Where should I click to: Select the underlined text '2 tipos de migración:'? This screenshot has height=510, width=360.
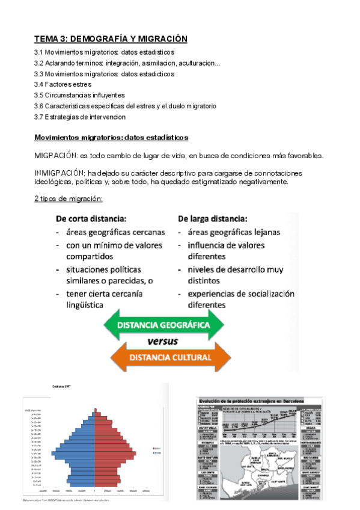pos(68,199)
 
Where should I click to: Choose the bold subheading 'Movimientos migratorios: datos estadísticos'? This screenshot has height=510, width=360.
pos(111,138)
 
